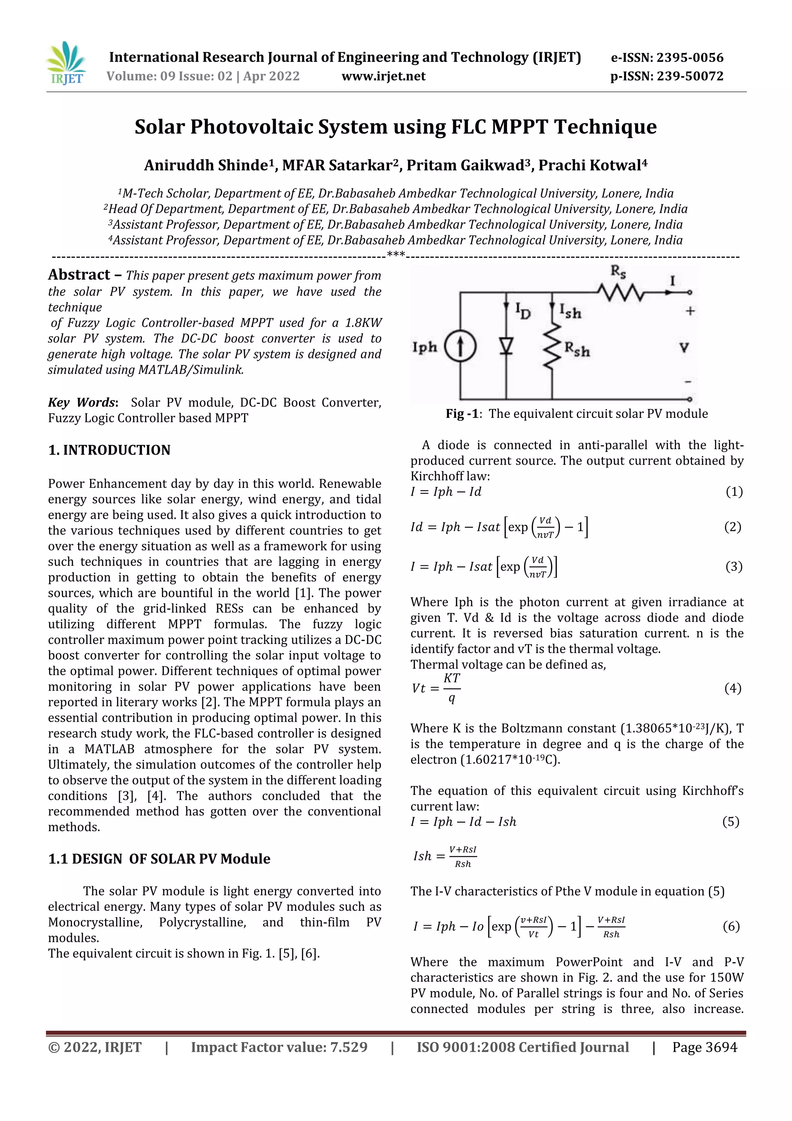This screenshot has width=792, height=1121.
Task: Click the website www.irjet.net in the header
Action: [x=383, y=76]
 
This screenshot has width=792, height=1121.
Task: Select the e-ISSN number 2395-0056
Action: [x=690, y=58]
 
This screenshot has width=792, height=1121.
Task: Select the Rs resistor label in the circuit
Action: [x=618, y=272]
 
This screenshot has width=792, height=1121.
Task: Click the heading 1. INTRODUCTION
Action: [x=109, y=450]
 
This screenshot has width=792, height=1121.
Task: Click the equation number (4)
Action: [x=732, y=688]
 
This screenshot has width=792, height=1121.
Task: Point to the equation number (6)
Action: [x=731, y=927]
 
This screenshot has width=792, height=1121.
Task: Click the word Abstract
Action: [x=79, y=275]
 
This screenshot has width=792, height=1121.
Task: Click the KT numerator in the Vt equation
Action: [x=451, y=678]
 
